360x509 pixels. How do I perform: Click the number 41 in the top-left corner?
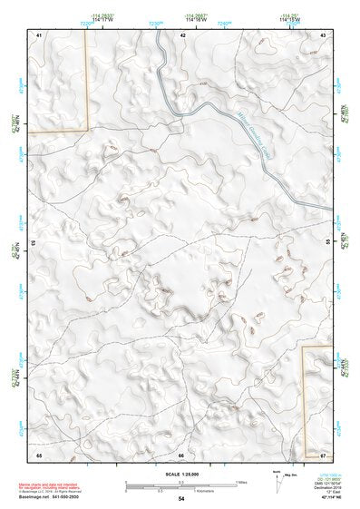point(39,34)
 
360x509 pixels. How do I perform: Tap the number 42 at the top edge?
point(183,34)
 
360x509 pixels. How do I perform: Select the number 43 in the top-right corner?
point(324,34)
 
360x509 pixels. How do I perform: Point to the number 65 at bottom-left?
point(39,454)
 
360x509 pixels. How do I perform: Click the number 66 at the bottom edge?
point(181,455)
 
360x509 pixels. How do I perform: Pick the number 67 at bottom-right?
point(324,454)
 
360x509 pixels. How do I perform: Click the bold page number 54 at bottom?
point(181,499)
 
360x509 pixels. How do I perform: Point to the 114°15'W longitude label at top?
point(288,20)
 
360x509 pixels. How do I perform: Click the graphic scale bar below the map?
point(180,484)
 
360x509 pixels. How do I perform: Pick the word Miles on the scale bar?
point(240,480)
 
